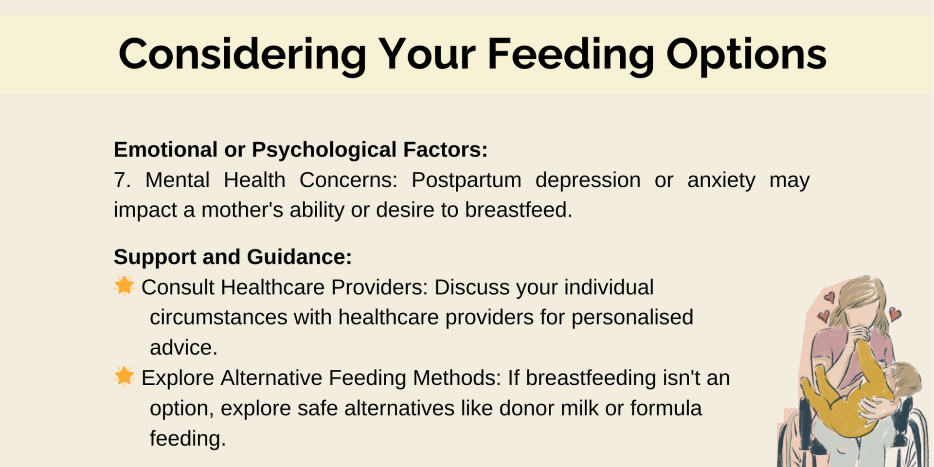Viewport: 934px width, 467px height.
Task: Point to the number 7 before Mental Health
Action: tap(122, 180)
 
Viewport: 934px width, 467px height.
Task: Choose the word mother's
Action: tap(242, 210)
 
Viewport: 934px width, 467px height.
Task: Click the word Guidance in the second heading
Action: tap(299, 257)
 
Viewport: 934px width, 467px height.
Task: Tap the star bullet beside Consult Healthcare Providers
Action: tap(124, 286)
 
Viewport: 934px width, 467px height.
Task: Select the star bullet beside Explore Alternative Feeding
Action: tap(124, 377)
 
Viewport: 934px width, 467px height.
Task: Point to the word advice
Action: tap(183, 348)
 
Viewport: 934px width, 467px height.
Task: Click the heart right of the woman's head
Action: tap(895, 314)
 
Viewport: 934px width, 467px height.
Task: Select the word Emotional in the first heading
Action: tap(165, 150)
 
